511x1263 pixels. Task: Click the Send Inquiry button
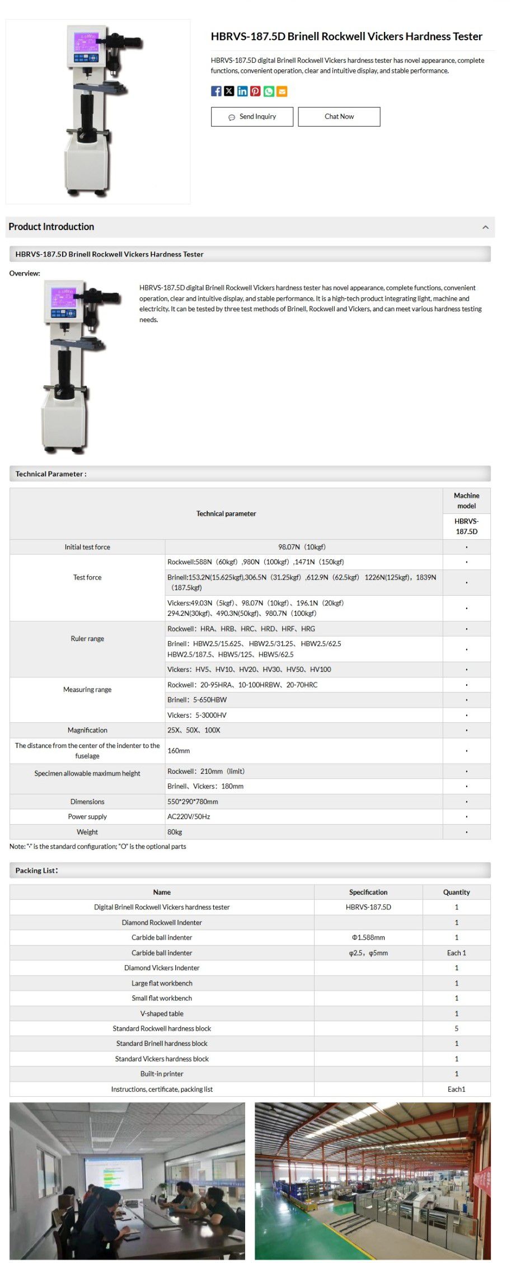(252, 116)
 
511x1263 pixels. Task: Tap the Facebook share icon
(216, 91)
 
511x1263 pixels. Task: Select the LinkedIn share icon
(242, 91)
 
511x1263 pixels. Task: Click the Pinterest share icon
(255, 91)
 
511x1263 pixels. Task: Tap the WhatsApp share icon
(269, 91)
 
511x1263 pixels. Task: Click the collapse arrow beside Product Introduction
(485, 227)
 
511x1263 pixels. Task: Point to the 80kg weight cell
(175, 832)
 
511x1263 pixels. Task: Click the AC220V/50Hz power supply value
(189, 817)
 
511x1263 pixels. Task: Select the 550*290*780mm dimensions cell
(193, 802)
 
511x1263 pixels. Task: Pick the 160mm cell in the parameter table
(179, 751)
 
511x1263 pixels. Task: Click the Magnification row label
(87, 730)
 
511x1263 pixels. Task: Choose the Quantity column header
(456, 892)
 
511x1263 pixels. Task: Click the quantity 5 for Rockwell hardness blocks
(456, 1028)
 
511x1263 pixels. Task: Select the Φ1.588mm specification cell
(368, 937)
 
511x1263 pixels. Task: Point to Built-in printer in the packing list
(162, 1074)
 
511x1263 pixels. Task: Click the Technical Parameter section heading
(51, 474)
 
